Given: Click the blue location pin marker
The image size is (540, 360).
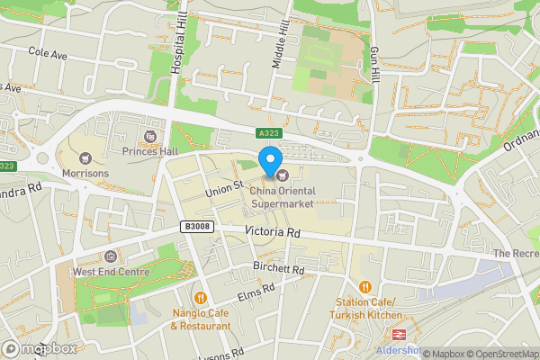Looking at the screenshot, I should [x=269, y=161].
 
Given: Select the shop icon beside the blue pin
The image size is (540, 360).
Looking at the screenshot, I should [x=282, y=174].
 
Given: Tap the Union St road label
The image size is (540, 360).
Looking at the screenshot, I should [x=225, y=187].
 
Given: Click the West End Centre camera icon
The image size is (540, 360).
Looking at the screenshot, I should [x=110, y=257].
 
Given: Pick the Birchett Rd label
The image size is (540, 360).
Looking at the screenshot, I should [x=280, y=269].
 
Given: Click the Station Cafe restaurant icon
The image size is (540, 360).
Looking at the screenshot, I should [x=366, y=287].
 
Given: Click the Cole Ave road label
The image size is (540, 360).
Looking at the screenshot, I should [x=48, y=54].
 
